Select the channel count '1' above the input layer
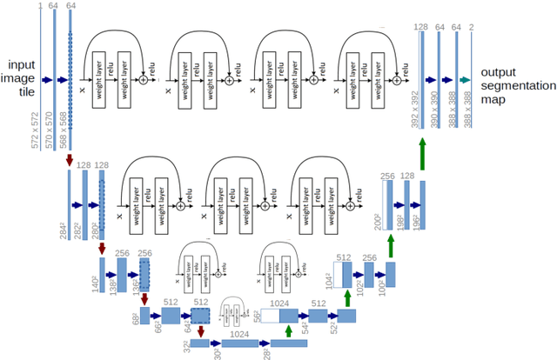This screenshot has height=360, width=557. coord(40,6)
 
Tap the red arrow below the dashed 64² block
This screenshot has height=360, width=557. coord(202,331)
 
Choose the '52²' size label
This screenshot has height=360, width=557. coord(334,325)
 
